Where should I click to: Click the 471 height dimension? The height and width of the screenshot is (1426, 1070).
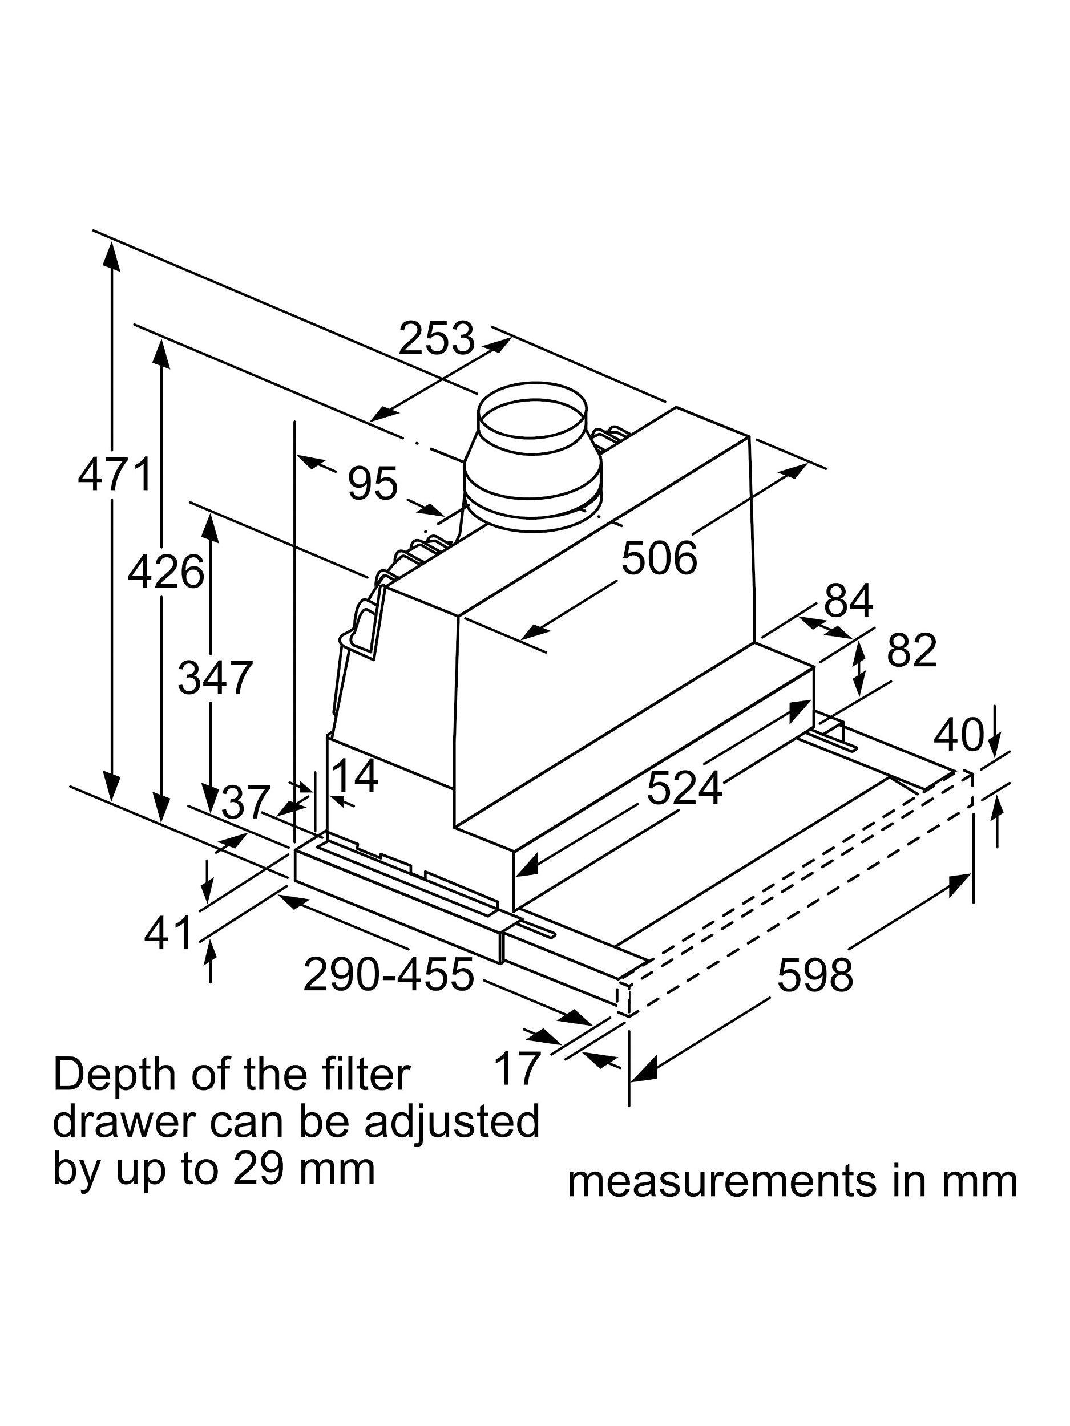pyautogui.click(x=114, y=474)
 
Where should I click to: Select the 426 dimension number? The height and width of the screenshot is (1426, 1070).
pyautogui.click(x=165, y=572)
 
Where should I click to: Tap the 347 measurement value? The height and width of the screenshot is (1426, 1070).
pyautogui.click(x=215, y=678)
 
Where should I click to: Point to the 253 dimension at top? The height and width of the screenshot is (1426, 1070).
pyautogui.click(x=437, y=338)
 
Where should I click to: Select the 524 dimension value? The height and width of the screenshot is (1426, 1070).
pyautogui.click(x=684, y=788)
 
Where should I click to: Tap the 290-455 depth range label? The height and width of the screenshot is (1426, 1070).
pyautogui.click(x=389, y=974)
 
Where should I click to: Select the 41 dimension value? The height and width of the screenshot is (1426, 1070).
pyautogui.click(x=168, y=934)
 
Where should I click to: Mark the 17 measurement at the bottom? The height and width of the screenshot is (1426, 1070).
pyautogui.click(x=516, y=1068)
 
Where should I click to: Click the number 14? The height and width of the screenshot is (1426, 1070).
pyautogui.click(x=357, y=776)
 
